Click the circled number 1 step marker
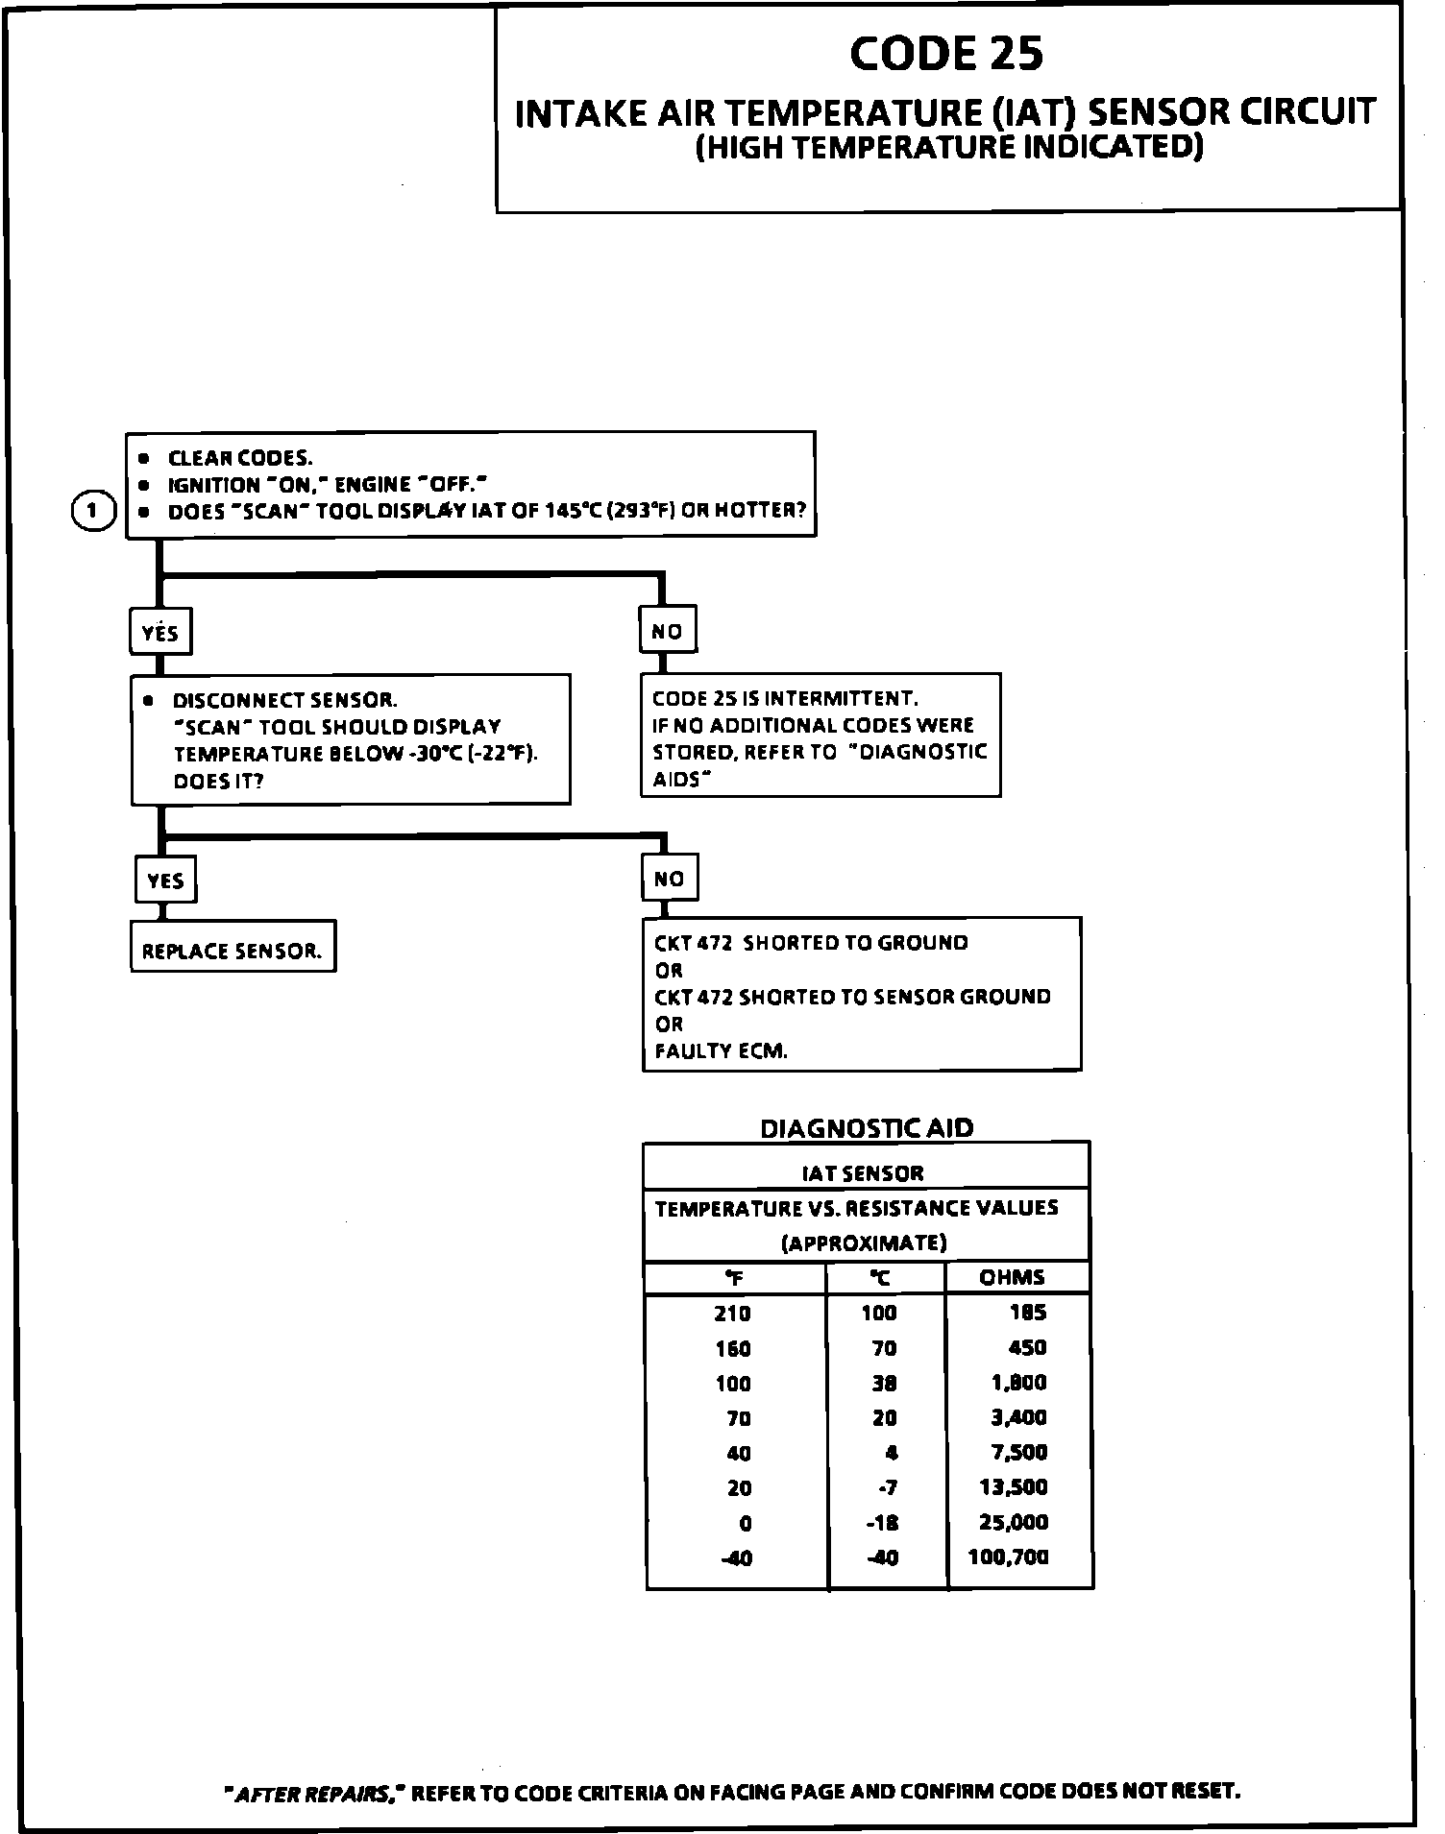coord(93,511)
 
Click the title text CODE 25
coord(945,54)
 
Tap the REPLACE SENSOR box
coord(233,951)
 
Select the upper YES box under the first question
coord(159,632)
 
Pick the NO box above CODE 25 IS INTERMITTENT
coord(667,631)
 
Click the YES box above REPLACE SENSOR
coord(165,880)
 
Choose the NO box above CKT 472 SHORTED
coord(669,878)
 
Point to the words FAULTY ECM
coord(721,1050)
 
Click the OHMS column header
coord(1012,1277)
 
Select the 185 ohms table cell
coord(1027,1313)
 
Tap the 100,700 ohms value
coord(1008,1556)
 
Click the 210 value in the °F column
coord(732,1314)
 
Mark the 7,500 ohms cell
coord(1018,1452)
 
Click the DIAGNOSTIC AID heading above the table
coord(867,1128)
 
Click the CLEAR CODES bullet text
coord(240,459)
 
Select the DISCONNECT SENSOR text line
coord(284,700)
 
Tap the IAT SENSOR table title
coord(863,1172)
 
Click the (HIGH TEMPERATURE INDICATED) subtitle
coord(948,148)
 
